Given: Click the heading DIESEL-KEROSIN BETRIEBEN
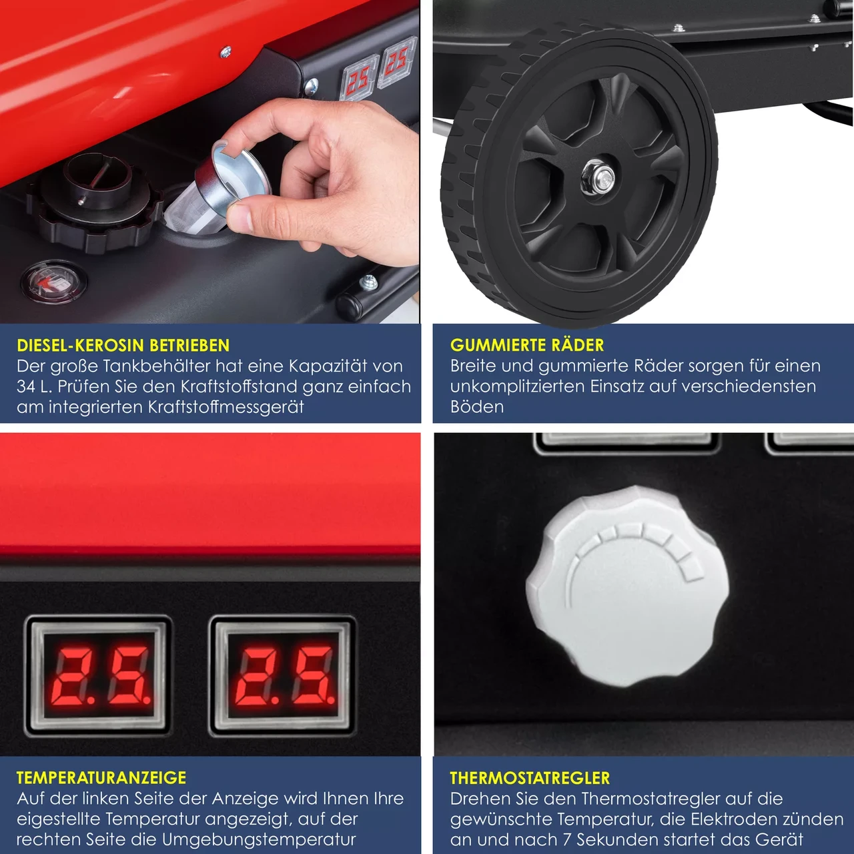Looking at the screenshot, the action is pos(123,345).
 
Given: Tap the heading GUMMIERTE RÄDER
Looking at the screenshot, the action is pos(527,345).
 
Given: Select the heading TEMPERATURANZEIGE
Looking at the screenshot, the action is pos(101,778).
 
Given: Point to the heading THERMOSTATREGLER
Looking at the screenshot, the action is pos(530,778).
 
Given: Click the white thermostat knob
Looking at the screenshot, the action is pos(627,588).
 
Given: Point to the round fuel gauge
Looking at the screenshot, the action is pos(54,282).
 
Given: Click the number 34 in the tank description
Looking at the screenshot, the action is pos(27,386).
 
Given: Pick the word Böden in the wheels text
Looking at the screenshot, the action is pos(477,406).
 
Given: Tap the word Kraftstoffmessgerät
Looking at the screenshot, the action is pos(226,407).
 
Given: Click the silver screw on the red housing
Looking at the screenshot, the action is pos(226,52).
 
